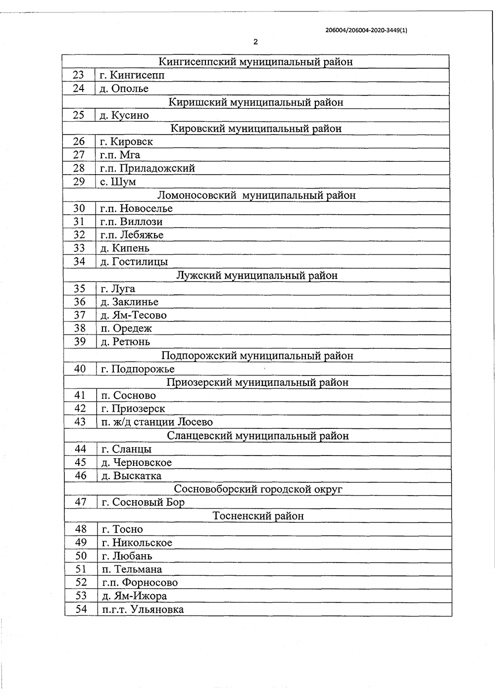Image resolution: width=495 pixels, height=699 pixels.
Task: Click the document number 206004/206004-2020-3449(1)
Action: pos(366,30)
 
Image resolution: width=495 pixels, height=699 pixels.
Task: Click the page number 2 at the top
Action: pos(255,42)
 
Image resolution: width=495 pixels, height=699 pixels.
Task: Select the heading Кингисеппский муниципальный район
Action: pos(255,62)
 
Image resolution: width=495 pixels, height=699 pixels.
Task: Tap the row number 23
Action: pos(79,75)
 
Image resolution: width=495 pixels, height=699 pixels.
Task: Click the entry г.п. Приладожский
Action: pos(147,168)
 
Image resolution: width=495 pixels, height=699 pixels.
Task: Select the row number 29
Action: pos(79,182)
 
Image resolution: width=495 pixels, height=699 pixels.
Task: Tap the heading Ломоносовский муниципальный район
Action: pos(256,195)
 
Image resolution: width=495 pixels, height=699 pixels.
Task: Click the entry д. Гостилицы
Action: pos(134,262)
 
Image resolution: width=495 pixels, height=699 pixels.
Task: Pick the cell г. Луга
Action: pos(117,288)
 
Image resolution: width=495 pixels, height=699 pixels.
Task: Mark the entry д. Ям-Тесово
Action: pos(133,315)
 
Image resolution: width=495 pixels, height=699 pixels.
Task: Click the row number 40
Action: pos(80,369)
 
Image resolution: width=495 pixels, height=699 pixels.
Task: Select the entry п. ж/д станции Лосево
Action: pos(157,422)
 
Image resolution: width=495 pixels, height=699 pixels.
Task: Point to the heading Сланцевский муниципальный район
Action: pos(258,436)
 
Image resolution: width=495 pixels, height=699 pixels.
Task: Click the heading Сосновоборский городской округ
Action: pos(258,489)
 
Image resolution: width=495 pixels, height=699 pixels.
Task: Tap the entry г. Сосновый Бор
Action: pos(143,503)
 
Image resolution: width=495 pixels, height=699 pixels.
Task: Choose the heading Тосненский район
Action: pos(258,516)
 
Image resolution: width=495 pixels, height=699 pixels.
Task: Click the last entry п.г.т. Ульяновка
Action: pos(143,609)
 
